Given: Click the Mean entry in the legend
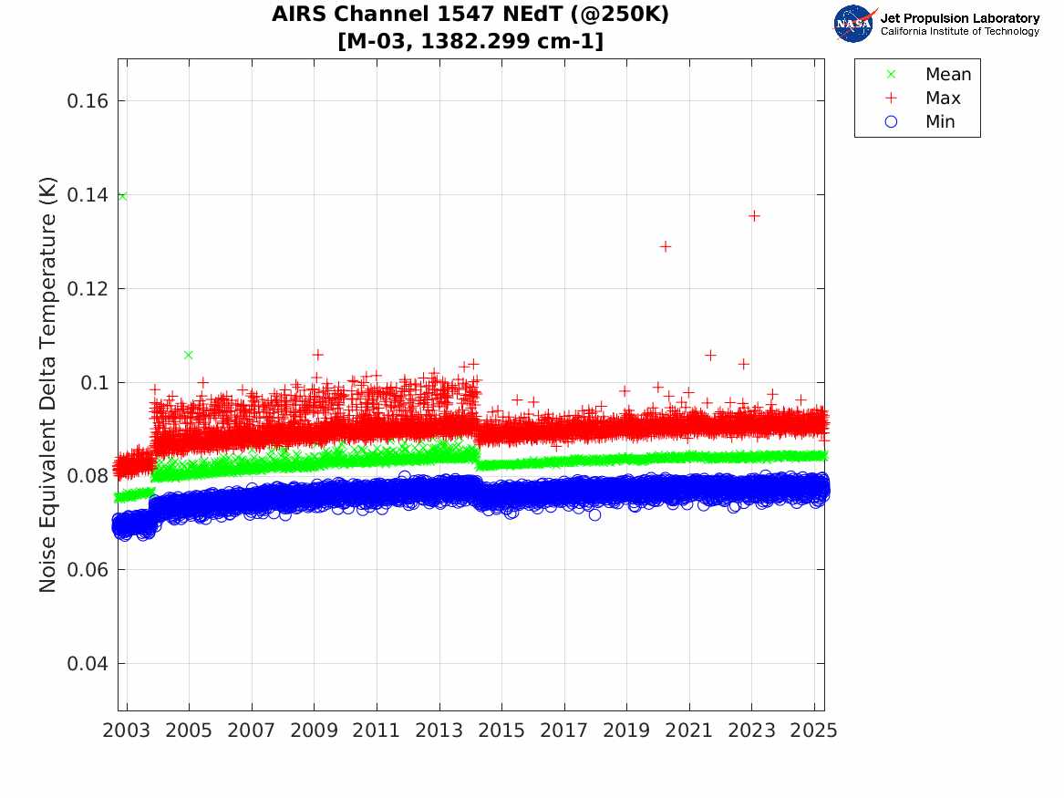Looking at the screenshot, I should click(x=947, y=75).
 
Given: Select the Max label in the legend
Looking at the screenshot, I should click(x=943, y=98).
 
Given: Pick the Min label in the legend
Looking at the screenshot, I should click(x=940, y=122).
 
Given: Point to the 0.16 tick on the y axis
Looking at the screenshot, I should click(x=88, y=100).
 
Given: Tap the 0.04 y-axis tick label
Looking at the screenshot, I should click(x=88, y=663).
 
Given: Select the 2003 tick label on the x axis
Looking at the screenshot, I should click(x=128, y=731).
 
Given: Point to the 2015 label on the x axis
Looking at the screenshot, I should click(x=502, y=731).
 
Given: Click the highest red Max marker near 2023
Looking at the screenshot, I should click(x=754, y=215).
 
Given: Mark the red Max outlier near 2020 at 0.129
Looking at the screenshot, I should click(x=666, y=246).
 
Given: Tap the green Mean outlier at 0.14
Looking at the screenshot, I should click(x=122, y=196).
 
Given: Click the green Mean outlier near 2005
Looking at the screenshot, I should click(x=189, y=355).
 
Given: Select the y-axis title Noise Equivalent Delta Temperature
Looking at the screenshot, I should click(x=48, y=384).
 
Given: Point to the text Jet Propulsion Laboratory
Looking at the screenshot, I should click(x=959, y=17).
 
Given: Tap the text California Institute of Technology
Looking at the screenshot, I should click(x=959, y=32).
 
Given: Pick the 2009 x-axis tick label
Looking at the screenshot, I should click(x=315, y=731).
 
